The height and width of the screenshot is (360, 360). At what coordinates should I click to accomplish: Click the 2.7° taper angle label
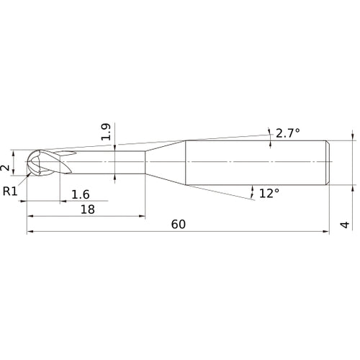tap(288, 133)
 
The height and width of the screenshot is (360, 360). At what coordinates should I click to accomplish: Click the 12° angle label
tap(269, 193)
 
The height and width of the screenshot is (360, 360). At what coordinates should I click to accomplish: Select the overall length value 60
tap(179, 225)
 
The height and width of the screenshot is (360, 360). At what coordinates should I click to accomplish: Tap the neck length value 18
tap(88, 210)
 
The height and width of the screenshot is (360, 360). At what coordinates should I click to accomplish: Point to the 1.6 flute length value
tap(81, 194)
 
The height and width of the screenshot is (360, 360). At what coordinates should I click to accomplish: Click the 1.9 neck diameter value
tap(106, 132)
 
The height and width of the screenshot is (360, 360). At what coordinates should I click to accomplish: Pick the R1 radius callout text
tap(10, 192)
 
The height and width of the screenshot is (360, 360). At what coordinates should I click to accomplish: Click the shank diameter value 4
tap(345, 225)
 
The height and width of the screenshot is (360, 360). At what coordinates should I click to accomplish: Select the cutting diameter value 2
tap(5, 168)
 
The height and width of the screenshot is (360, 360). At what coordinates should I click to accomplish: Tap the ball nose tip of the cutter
tap(27, 161)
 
